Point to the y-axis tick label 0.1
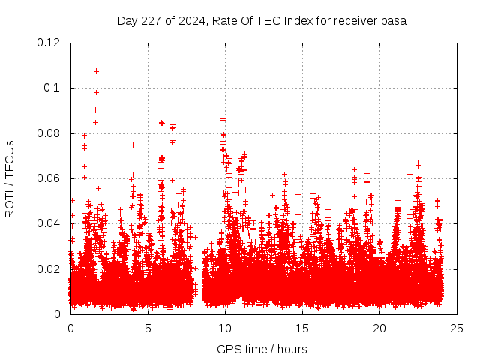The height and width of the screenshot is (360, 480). [52, 88]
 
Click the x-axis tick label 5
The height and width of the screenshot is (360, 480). [148, 328]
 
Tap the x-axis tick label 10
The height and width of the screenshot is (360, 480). [225, 328]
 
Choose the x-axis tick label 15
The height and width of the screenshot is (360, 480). [302, 328]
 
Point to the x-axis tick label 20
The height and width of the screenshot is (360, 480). [379, 328]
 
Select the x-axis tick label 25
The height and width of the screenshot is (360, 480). [457, 328]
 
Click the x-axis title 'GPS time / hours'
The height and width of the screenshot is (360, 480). [262, 349]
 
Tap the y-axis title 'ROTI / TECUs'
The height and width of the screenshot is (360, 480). [10, 178]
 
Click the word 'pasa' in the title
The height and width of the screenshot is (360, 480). [393, 21]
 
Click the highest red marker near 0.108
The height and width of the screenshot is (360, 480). [96, 71]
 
